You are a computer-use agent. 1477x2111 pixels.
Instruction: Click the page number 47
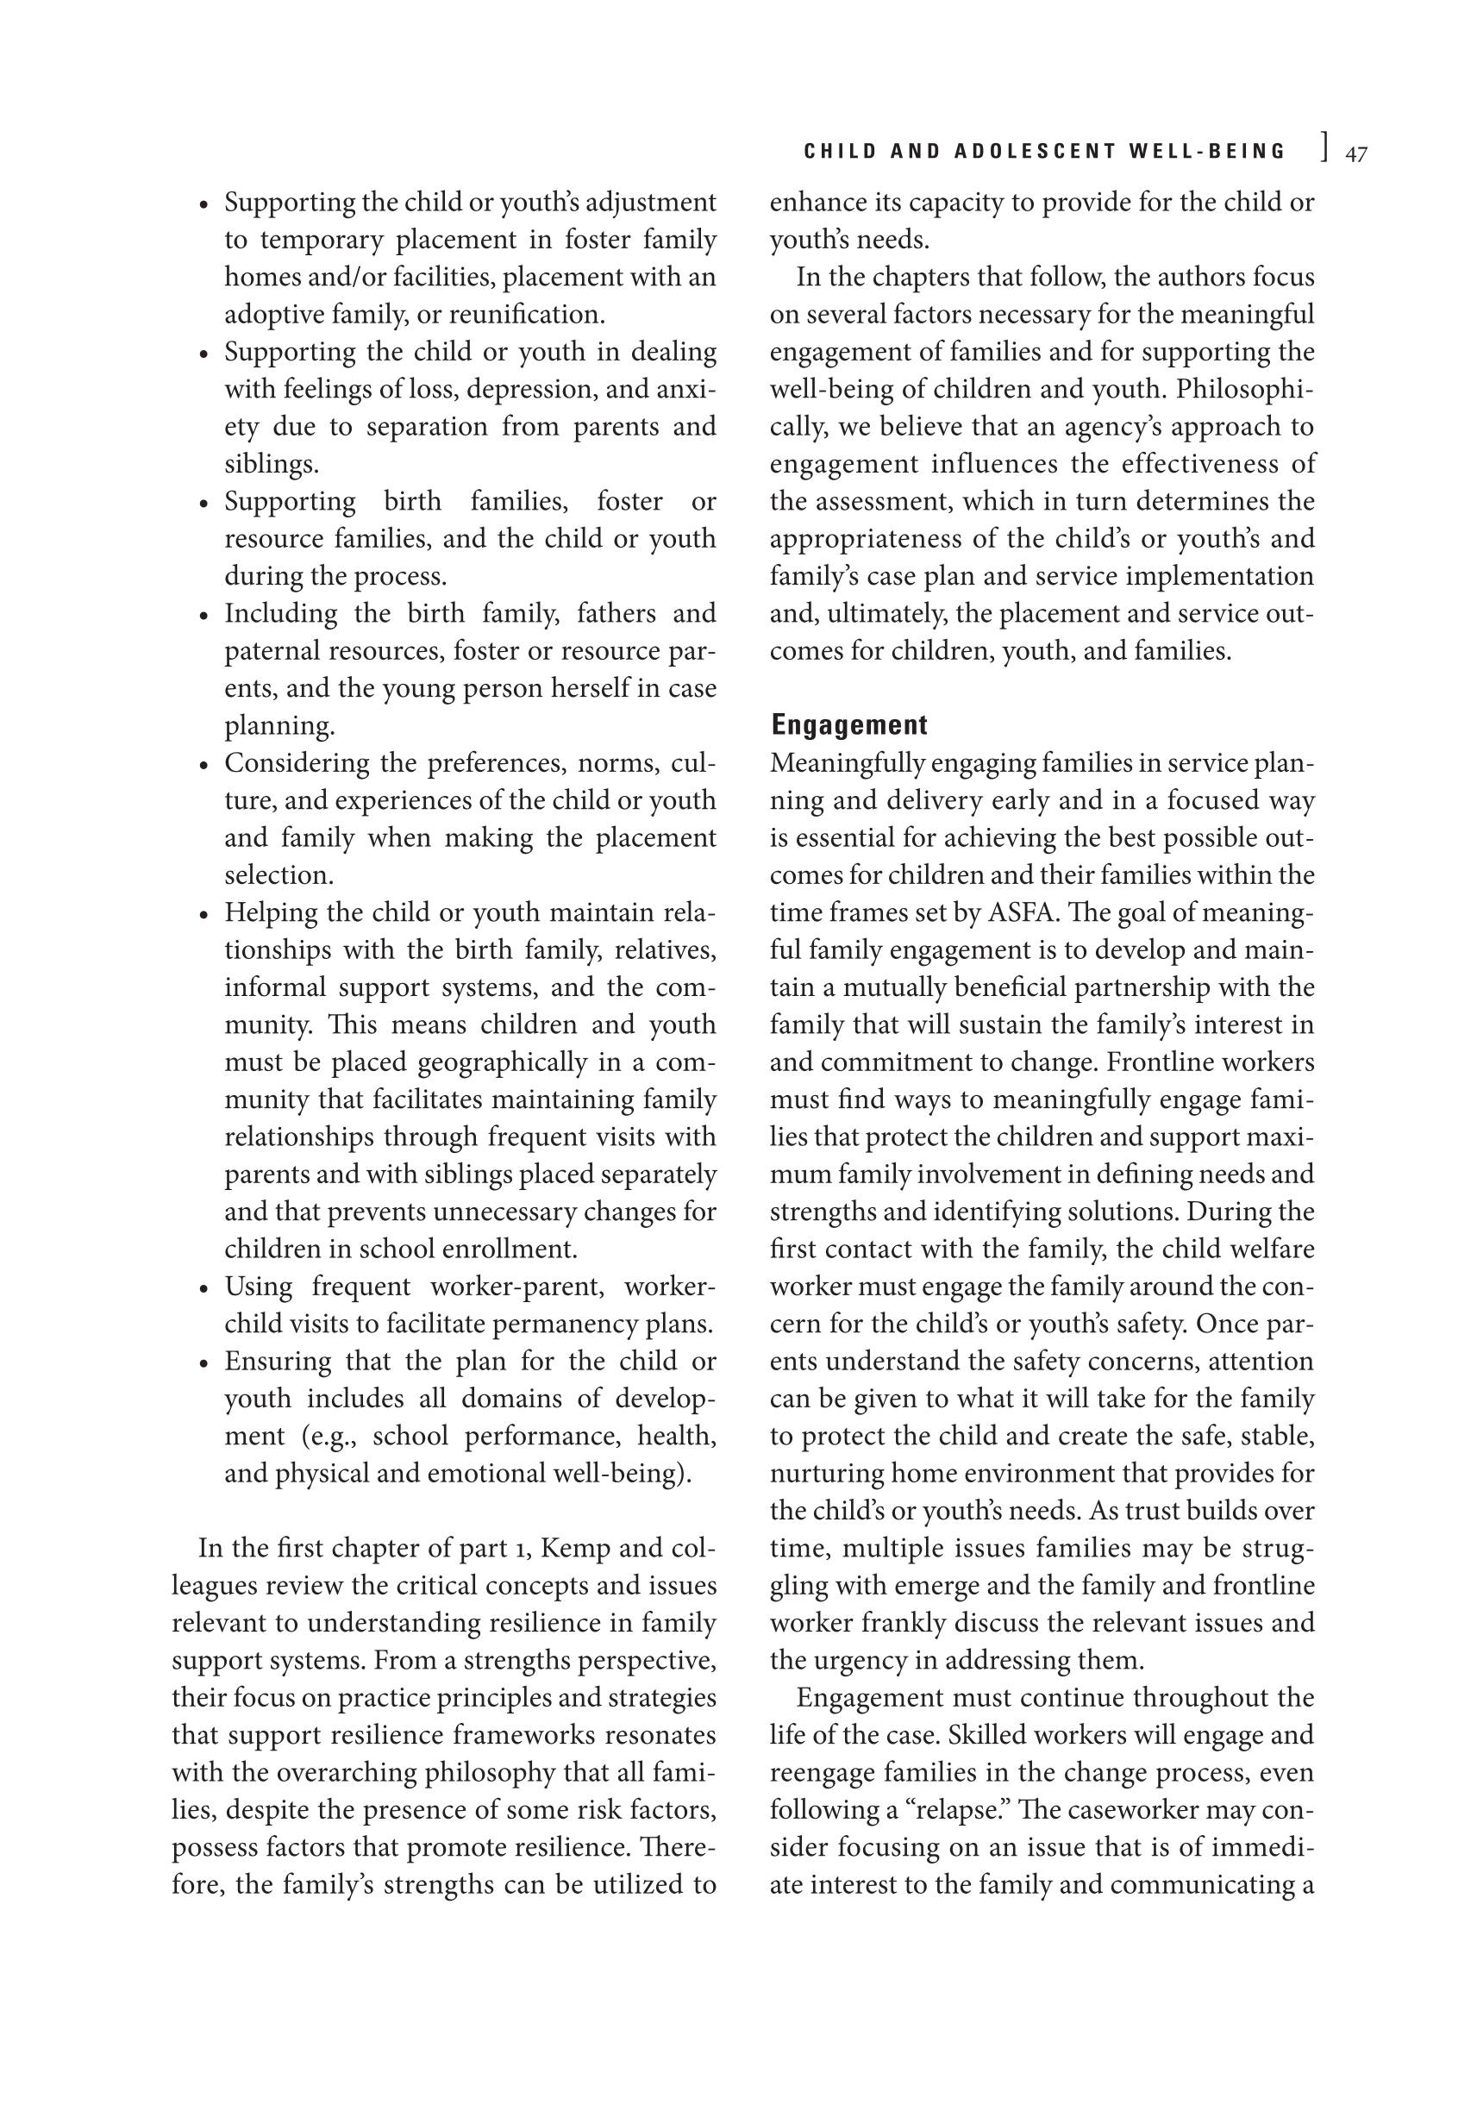point(1355,154)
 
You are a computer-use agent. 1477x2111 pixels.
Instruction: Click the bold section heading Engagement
point(849,725)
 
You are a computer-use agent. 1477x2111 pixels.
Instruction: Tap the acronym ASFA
point(1023,913)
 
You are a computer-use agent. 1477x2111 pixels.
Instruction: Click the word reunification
point(527,315)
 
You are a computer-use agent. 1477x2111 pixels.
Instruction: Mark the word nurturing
point(826,1474)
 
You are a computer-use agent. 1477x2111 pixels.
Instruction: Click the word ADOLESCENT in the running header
point(1032,152)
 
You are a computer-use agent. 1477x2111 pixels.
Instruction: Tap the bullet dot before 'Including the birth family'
point(205,615)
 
